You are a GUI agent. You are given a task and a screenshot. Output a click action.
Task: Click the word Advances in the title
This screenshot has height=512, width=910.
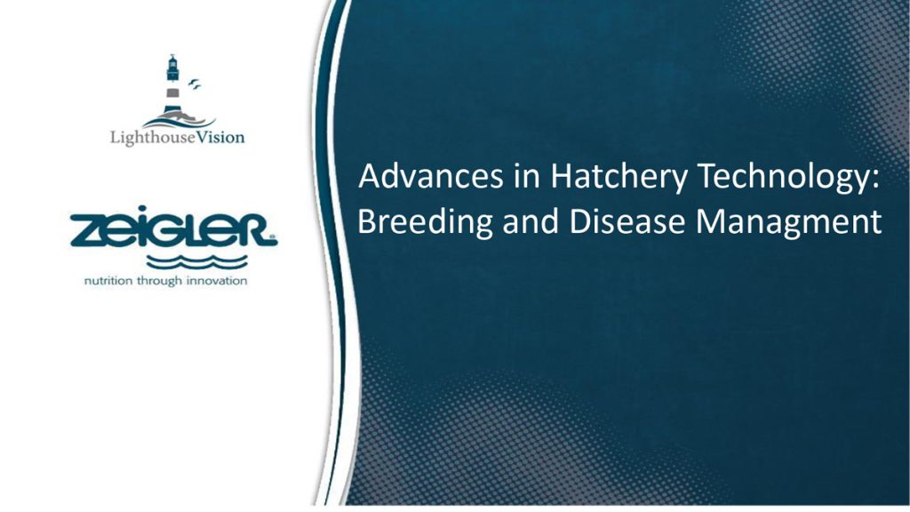click(431, 176)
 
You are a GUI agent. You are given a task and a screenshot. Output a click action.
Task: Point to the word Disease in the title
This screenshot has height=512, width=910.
click(628, 221)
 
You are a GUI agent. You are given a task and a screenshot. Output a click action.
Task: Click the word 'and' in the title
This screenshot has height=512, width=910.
click(531, 221)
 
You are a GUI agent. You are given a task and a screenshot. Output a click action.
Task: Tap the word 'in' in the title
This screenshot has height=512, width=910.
click(527, 176)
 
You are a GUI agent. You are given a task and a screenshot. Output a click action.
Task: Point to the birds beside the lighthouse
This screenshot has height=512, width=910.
click(195, 84)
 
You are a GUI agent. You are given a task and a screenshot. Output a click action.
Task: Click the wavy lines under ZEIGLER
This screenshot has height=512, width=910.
click(196, 262)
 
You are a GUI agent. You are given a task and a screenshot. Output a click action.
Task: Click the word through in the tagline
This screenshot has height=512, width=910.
click(159, 282)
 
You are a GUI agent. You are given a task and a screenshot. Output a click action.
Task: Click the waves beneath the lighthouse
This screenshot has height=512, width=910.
click(179, 121)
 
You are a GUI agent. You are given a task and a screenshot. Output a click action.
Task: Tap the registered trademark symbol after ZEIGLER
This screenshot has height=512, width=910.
click(273, 236)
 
